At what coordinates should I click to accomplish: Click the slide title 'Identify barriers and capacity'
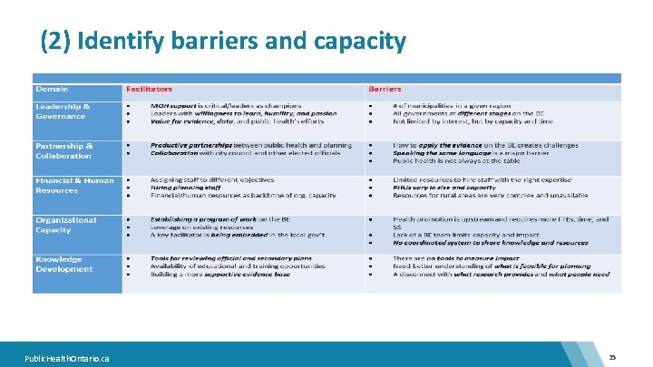(223, 41)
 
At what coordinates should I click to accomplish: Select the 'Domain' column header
(52, 89)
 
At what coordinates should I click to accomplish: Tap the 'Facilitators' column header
(150, 89)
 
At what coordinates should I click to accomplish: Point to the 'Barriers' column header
(385, 89)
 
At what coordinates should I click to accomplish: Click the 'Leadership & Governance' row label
(63, 111)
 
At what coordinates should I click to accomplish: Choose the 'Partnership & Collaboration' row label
(63, 150)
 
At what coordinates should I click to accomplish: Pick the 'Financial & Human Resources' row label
(74, 185)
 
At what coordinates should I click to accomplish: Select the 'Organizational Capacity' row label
(65, 225)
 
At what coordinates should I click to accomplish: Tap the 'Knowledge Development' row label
(63, 264)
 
